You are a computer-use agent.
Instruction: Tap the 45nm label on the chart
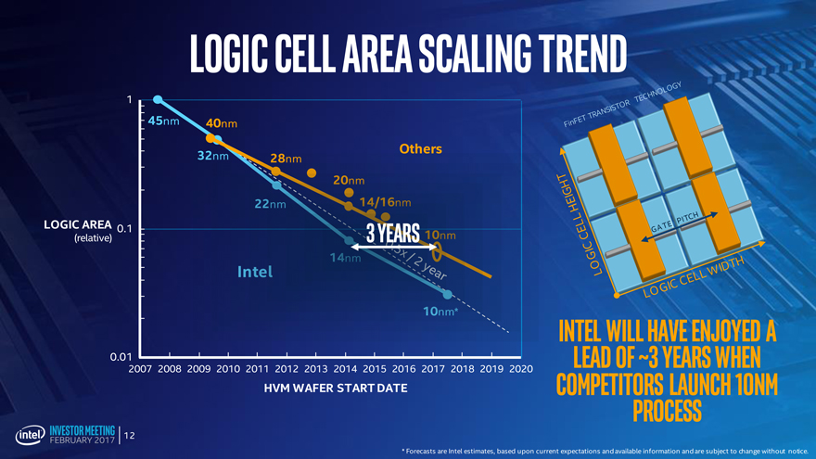point(163,121)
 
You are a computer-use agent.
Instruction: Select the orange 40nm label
point(222,123)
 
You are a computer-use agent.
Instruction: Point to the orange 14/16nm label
point(384,202)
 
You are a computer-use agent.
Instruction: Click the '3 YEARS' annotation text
point(394,232)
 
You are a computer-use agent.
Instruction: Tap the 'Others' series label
point(420,148)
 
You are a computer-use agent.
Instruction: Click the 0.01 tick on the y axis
point(120,356)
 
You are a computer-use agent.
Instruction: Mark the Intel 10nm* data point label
point(440,311)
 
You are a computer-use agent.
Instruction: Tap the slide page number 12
point(130,435)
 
